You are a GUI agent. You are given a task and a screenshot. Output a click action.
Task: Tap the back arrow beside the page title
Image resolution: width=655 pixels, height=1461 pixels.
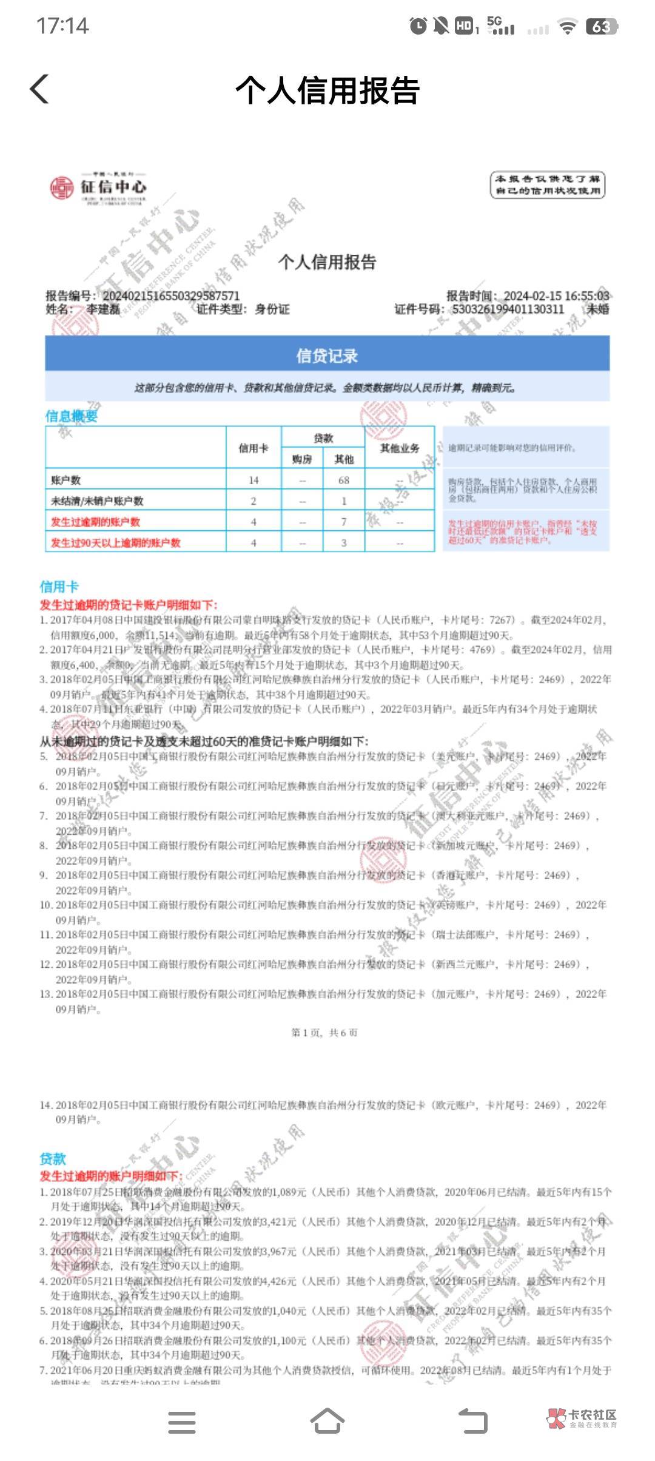[39, 90]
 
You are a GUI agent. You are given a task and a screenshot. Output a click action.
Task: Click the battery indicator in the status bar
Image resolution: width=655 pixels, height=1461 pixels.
[601, 26]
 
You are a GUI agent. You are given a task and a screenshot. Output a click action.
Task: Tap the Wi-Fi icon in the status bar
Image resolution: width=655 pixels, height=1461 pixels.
[567, 27]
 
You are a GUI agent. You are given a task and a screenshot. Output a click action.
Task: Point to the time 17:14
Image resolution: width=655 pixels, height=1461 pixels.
[62, 26]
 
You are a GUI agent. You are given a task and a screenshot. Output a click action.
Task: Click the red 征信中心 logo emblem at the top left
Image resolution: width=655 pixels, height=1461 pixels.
[61, 187]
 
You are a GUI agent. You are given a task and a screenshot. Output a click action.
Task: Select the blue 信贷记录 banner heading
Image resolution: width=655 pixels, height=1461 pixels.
[327, 356]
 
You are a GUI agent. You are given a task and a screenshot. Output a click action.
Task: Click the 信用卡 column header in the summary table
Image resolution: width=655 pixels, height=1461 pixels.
[253, 448]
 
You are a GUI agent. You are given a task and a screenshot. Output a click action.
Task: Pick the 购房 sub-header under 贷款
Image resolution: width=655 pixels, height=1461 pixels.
[302, 459]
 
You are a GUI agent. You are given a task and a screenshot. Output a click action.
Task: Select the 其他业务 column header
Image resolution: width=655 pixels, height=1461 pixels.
[400, 448]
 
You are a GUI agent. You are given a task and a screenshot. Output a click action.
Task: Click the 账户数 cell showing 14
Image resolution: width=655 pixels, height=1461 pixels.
[254, 481]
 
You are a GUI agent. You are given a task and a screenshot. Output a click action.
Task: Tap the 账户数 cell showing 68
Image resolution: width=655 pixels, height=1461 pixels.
[344, 481]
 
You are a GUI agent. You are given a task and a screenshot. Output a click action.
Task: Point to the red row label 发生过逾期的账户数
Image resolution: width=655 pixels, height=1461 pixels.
[95, 522]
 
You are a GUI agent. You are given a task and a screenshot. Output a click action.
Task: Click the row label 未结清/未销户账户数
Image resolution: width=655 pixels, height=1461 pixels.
[97, 501]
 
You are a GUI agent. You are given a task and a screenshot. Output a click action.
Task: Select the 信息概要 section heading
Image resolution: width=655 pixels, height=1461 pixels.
[72, 416]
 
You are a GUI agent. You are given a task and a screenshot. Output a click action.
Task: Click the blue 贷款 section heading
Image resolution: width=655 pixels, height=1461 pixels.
[53, 1159]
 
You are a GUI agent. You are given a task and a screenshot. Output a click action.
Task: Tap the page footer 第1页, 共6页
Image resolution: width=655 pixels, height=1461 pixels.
[324, 1033]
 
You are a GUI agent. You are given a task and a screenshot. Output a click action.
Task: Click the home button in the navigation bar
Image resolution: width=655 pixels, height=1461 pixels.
[327, 1422]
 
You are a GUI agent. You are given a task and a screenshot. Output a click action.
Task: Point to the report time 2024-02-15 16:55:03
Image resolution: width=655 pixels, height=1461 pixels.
[556, 296]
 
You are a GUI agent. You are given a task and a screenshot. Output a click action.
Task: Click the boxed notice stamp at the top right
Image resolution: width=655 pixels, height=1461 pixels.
[547, 184]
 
